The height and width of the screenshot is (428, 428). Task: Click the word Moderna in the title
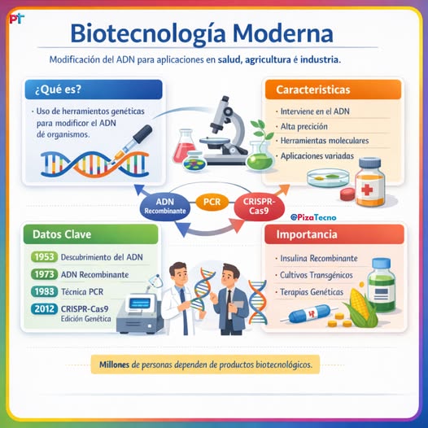click(x=283, y=34)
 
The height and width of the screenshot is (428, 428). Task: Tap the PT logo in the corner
click(x=17, y=19)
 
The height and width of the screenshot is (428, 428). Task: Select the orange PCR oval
click(x=212, y=202)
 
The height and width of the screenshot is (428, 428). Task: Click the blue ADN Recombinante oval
click(x=165, y=206)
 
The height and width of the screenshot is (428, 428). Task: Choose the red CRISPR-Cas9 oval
click(x=260, y=206)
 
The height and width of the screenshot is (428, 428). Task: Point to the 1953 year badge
click(x=44, y=257)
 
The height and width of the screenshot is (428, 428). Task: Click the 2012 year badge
click(x=44, y=308)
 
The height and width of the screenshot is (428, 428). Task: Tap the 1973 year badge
click(x=44, y=274)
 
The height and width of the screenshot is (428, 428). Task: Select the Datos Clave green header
click(x=90, y=234)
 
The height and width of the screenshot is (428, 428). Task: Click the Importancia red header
click(x=334, y=234)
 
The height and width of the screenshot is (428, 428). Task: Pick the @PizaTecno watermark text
click(x=313, y=217)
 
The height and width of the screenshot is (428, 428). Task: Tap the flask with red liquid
click(x=184, y=146)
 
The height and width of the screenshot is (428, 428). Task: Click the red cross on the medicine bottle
click(x=367, y=190)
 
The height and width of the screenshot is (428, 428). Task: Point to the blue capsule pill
click(x=309, y=313)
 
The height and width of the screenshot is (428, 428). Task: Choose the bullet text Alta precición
click(x=304, y=126)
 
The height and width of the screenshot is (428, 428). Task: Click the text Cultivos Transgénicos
click(x=317, y=275)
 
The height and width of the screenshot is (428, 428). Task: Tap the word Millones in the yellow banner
click(x=114, y=365)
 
